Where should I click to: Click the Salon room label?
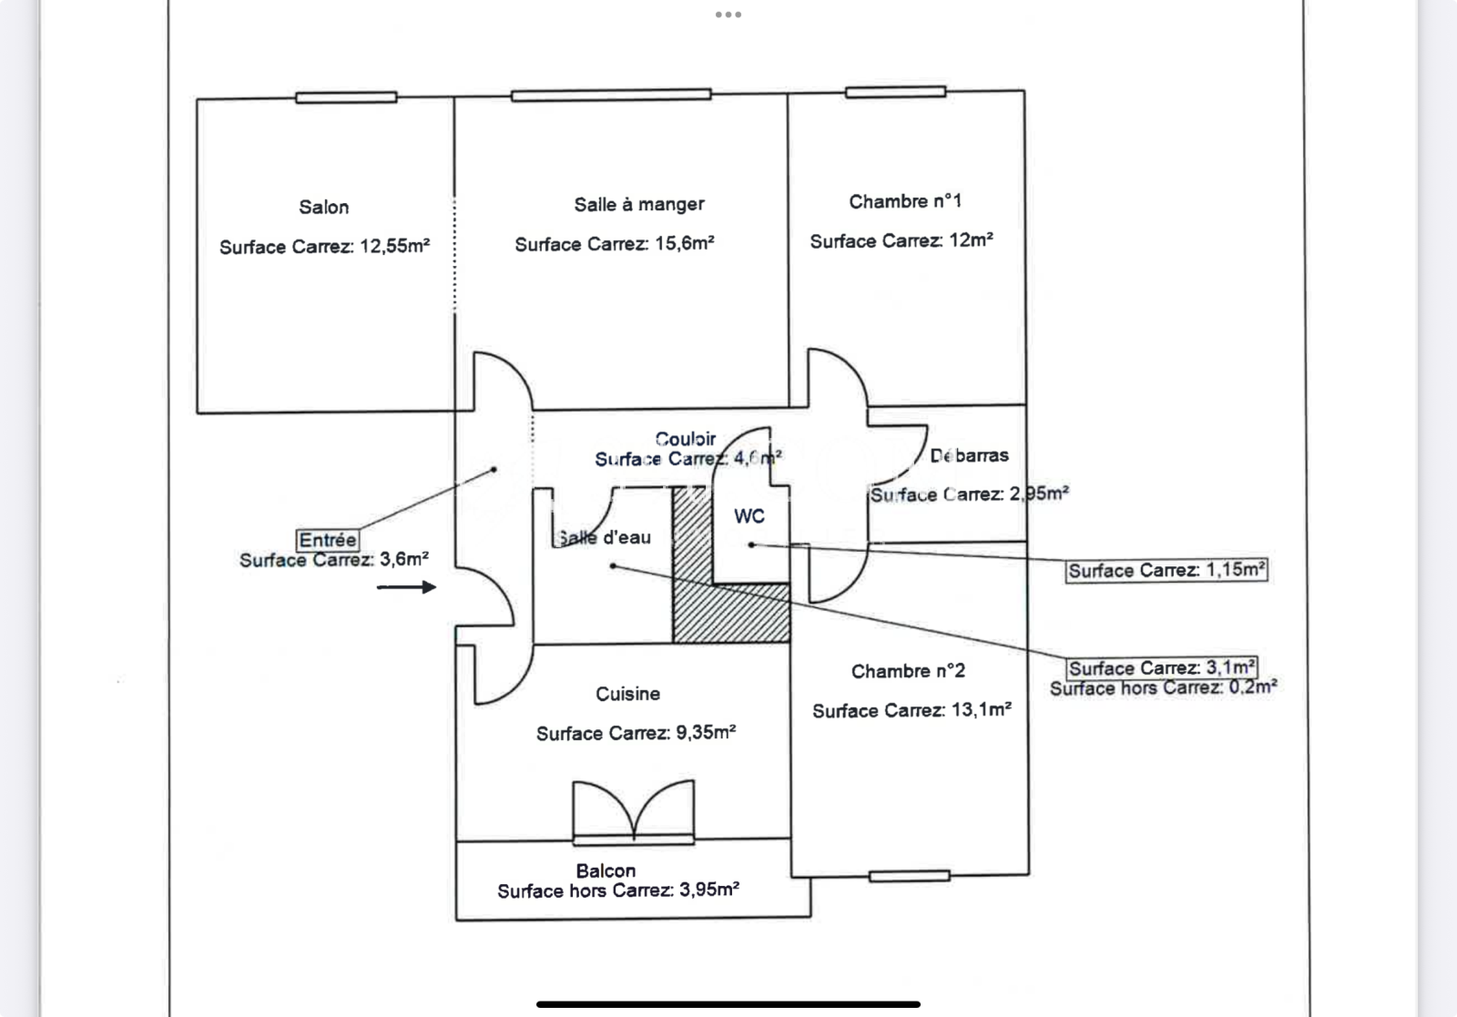point(324,208)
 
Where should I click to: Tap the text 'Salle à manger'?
point(639,205)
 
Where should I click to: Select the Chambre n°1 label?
point(905,202)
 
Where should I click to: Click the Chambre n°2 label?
point(908,672)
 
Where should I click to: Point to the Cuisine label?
point(627,694)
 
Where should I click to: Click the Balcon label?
point(606,870)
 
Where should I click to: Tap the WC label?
point(749,516)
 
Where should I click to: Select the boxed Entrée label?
point(328,540)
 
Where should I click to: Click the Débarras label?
point(970,455)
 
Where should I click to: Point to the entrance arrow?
point(407,587)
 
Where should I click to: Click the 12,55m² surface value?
point(395,246)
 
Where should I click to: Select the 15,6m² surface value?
point(684,244)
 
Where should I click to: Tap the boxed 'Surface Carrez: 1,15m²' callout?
point(1167,571)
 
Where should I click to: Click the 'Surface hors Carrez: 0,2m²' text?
point(1163,688)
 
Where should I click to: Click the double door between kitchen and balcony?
point(633,810)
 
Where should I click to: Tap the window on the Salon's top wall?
point(346,97)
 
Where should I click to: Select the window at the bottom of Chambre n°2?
point(909,876)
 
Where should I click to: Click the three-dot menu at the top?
point(728,15)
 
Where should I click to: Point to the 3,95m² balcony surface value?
point(708,890)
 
